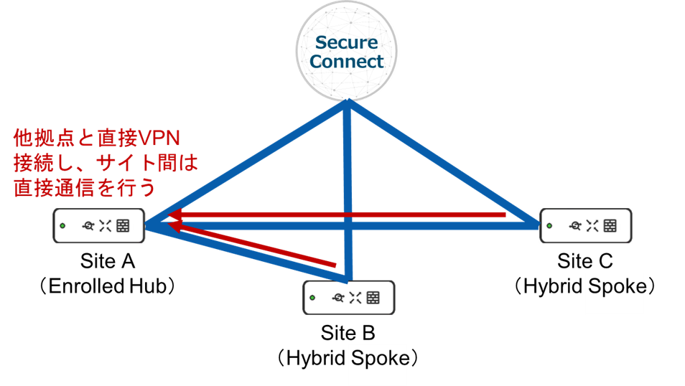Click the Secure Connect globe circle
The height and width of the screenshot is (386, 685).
pyautogui.click(x=348, y=50)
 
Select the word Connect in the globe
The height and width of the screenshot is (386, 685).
pyautogui.click(x=348, y=61)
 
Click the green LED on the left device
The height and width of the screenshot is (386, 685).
pyautogui.click(x=62, y=226)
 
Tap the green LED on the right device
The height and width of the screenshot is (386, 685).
pyautogui.click(x=549, y=226)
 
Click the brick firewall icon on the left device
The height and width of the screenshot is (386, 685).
pyautogui.click(x=123, y=226)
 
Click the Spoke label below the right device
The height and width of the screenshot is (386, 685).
pyautogui.click(x=615, y=287)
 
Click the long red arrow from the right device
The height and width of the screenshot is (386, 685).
pyautogui.click(x=345, y=215)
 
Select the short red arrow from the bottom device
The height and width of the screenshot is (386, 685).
pyautogui.click(x=251, y=246)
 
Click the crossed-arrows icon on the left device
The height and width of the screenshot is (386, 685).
pyautogui.click(x=106, y=226)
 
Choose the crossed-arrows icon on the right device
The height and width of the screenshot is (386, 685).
pyautogui.click(x=592, y=226)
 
